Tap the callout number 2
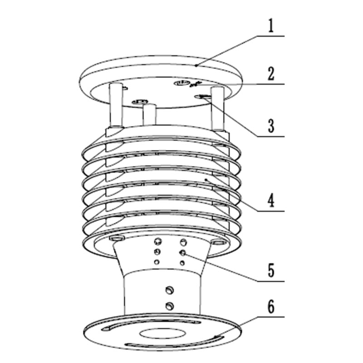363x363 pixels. pos(270,74)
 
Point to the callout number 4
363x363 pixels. pos(270,200)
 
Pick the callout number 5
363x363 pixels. pos(270,270)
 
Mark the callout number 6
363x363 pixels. pos(270,307)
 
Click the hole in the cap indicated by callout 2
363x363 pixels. pos(182,83)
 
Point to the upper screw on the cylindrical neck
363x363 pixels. pos(170,290)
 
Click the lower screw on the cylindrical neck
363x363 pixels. pos(170,305)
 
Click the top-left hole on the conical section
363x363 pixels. pos(158,241)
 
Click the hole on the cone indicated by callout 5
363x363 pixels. pos(182,253)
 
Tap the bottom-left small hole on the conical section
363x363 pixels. pos(157,262)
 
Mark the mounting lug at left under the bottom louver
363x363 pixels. pos(117,239)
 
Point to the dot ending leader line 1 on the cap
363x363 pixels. pos(196,66)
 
